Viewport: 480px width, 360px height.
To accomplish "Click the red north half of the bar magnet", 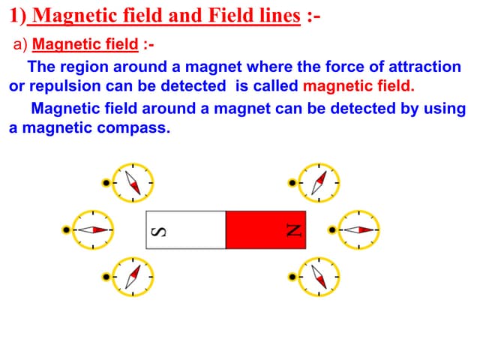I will click(x=265, y=229).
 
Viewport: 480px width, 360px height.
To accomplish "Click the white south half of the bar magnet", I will click(x=185, y=229).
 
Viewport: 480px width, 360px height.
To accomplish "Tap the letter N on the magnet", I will click(x=295, y=229).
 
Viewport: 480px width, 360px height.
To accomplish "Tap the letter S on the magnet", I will click(x=158, y=229).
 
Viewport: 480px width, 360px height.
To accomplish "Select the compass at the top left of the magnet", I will click(x=133, y=182).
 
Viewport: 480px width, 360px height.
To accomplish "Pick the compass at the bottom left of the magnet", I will click(x=133, y=276).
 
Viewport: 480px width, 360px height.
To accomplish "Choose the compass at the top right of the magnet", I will click(x=319, y=182).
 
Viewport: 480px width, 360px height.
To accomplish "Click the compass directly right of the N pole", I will click(x=358, y=229).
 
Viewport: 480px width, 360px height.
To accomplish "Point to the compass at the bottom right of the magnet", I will click(x=319, y=276).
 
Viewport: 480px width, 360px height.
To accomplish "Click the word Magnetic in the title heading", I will click(x=79, y=15).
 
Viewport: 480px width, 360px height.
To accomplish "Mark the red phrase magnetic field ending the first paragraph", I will click(x=358, y=85).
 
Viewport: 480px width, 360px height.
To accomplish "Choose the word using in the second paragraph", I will click(x=445, y=109).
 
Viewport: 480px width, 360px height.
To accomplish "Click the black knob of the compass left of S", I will click(x=67, y=229).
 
